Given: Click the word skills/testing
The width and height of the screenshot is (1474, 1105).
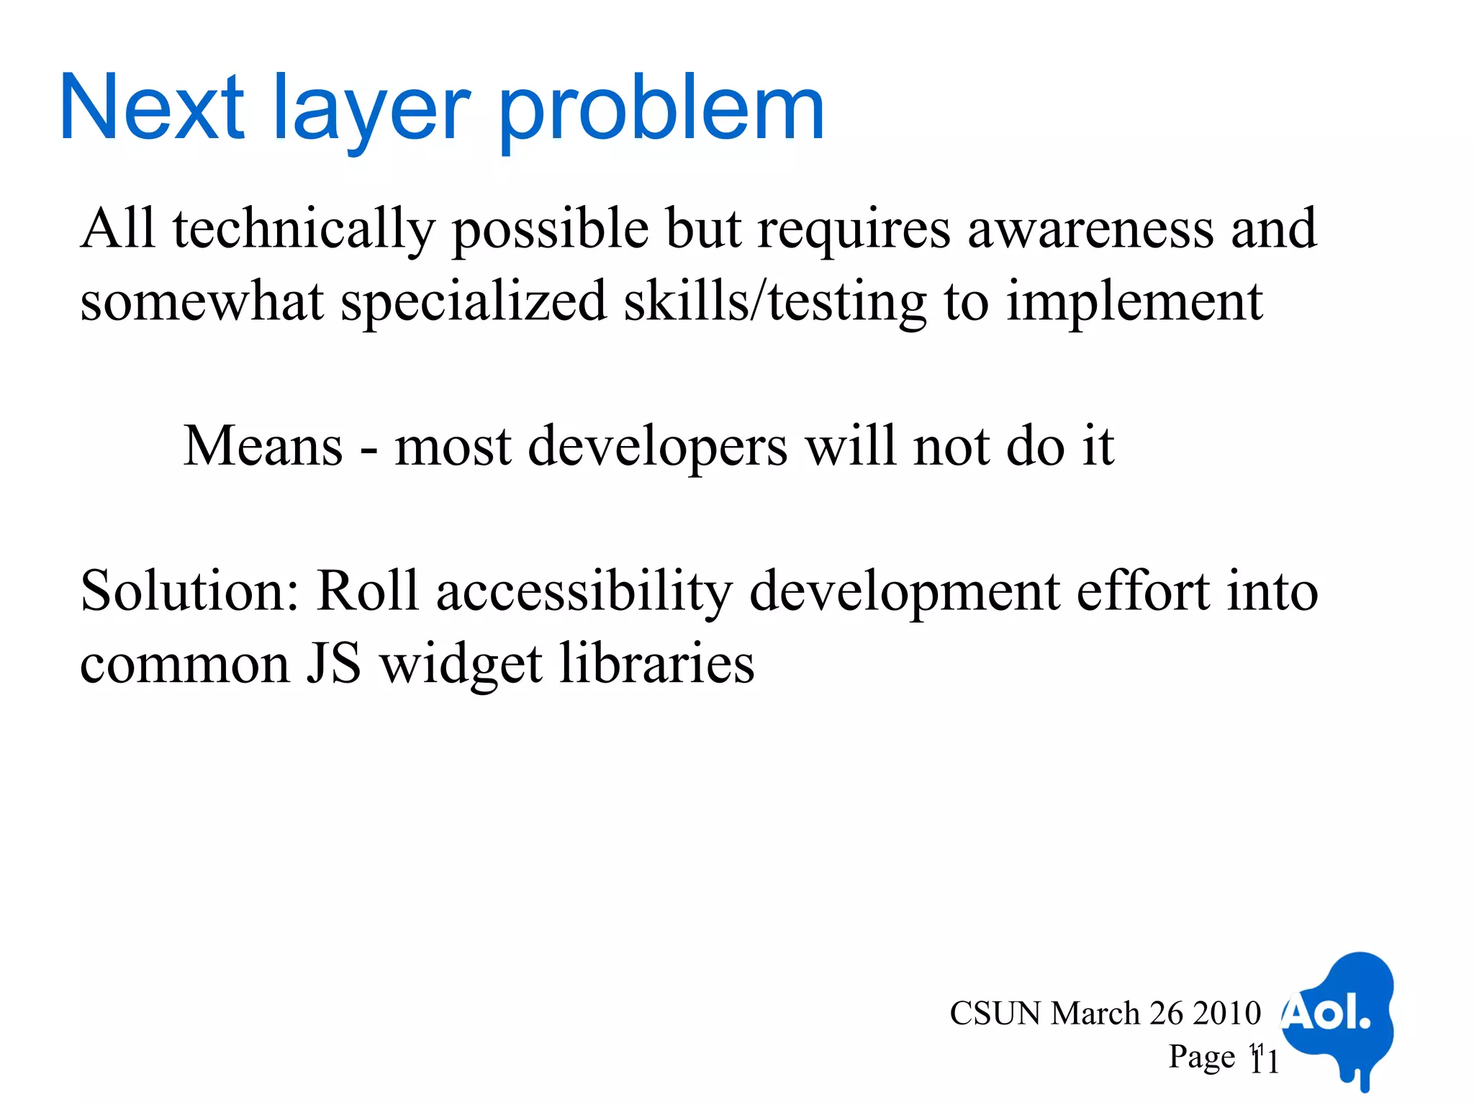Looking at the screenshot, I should click(x=775, y=302).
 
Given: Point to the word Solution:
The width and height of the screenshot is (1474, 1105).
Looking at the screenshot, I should click(x=189, y=591).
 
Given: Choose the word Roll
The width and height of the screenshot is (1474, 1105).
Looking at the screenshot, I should click(x=368, y=591).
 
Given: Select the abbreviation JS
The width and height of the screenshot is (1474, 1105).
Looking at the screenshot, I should click(x=334, y=663).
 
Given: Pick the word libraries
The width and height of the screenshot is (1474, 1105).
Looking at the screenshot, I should click(x=656, y=663).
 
